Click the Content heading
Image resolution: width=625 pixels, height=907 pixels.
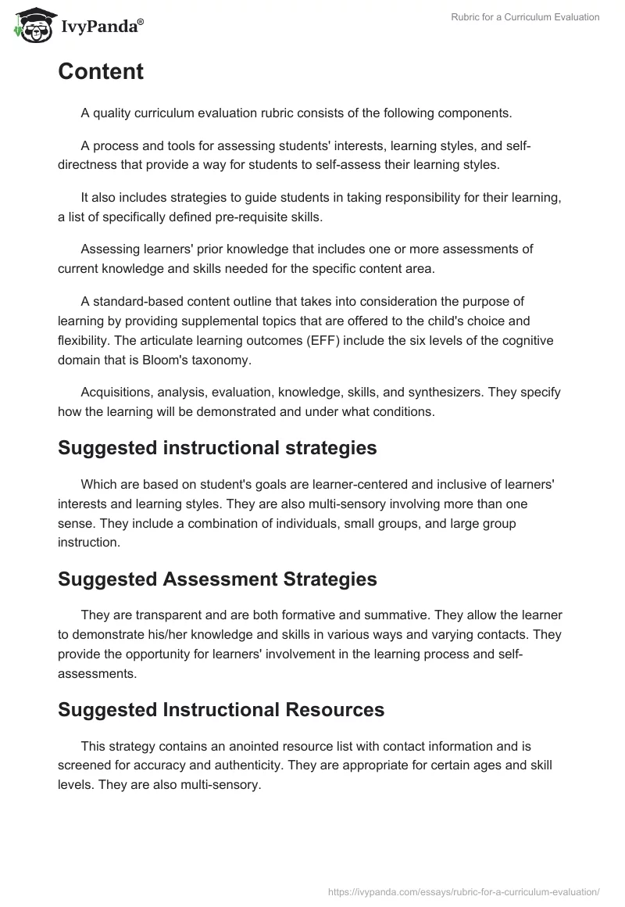101,72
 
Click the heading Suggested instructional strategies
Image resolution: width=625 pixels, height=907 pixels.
217,448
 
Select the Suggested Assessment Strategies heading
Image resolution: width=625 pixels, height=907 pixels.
217,579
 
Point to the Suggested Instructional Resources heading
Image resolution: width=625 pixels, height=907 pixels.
221,710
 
